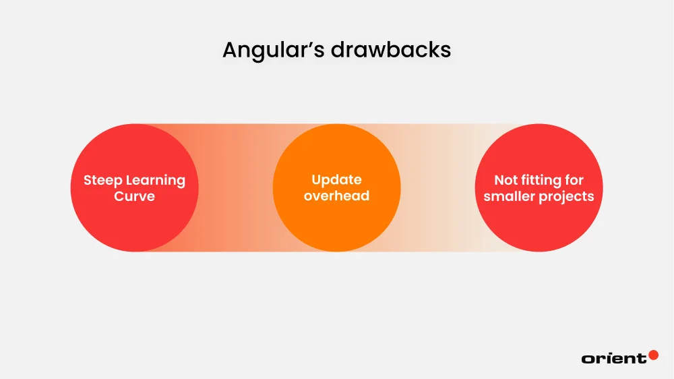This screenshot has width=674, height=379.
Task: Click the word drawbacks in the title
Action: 391,50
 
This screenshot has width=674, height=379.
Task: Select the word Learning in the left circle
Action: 155,181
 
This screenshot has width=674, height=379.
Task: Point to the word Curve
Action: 134,197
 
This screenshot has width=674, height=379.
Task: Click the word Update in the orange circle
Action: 336,181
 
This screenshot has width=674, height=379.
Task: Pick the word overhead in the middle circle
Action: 336,196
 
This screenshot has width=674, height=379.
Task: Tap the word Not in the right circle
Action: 506,181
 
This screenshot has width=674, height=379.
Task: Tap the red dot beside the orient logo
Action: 653,355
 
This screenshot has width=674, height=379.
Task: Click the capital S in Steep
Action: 88,181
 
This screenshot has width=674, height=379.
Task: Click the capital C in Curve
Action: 119,197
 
